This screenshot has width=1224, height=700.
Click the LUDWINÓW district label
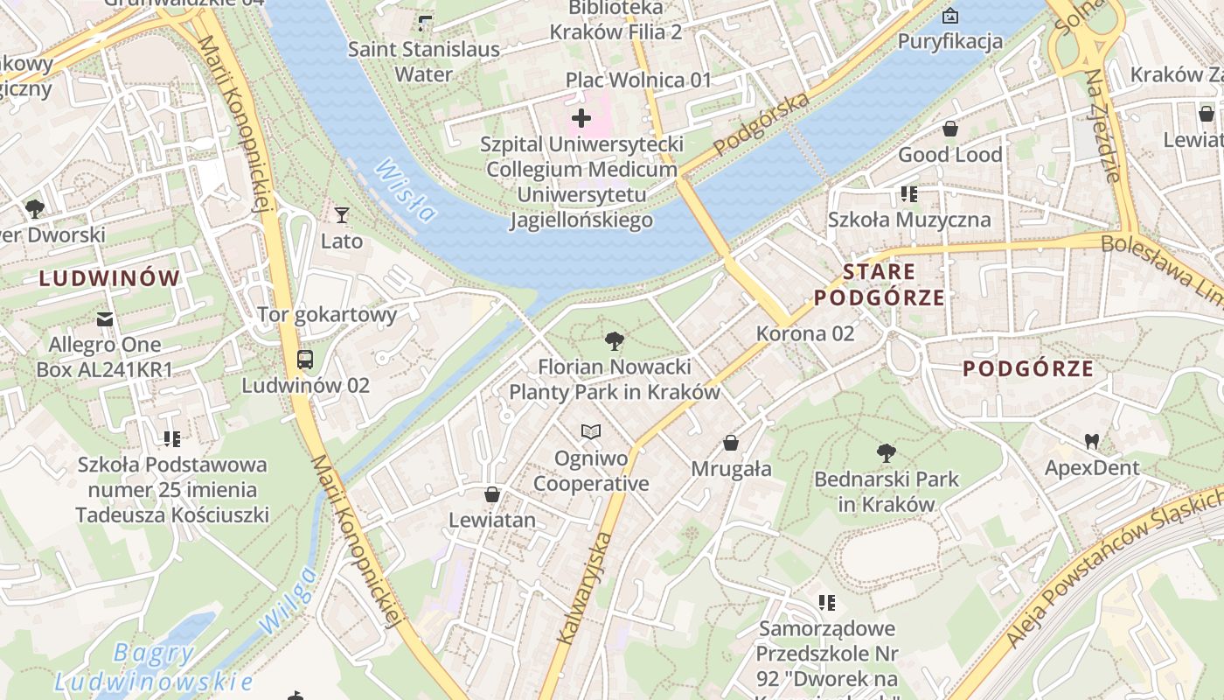[110, 279]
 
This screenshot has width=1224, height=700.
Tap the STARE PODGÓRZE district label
[880, 285]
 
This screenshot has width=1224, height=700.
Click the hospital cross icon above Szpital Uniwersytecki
[581, 118]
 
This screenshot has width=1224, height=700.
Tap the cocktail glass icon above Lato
[342, 214]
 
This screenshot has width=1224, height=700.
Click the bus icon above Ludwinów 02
[305, 359]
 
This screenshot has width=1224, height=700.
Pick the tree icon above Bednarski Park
[887, 452]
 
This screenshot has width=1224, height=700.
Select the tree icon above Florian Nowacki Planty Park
[615, 340]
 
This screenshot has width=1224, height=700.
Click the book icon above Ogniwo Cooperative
[592, 431]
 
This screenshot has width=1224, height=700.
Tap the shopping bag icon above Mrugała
[731, 443]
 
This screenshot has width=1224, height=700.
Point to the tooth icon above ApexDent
[1091, 441]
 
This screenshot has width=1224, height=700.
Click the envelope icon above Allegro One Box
[105, 318]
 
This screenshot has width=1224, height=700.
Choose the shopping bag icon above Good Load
[950, 129]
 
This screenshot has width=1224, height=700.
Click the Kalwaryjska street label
[582, 587]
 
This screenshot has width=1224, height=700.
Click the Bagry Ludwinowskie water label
[154, 667]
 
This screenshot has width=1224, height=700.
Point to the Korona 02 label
[805, 333]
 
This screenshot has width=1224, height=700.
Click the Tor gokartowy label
[327, 314]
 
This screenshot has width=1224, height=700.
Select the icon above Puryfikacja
[950, 16]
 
